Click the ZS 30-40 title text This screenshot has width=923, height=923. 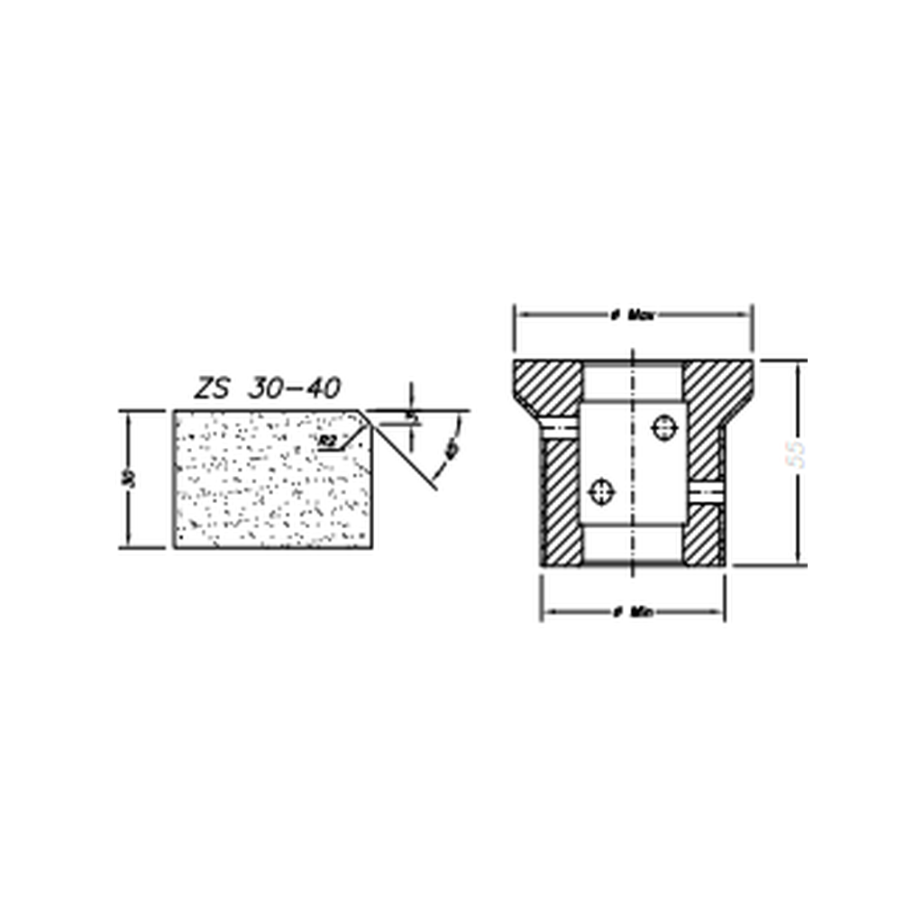pos(268,388)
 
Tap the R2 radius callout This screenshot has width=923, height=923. pos(328,441)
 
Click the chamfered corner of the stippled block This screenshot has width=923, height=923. pos(365,419)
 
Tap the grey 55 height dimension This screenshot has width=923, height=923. pos(796,453)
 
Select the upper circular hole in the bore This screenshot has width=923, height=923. pos(664,427)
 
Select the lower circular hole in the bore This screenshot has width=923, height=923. pos(601,491)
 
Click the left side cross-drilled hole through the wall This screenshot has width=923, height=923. pos(558,424)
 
